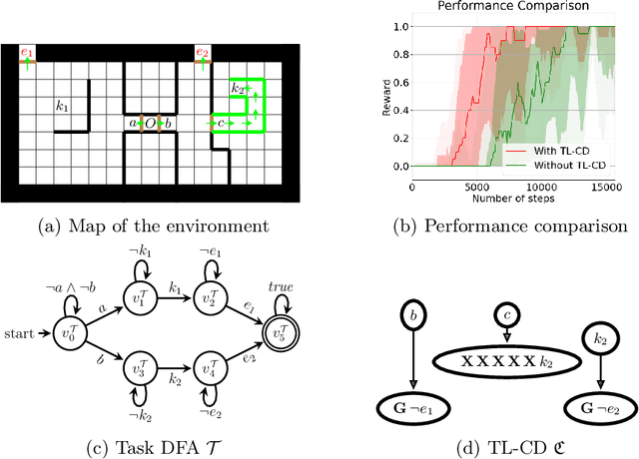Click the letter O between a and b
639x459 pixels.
coord(150,123)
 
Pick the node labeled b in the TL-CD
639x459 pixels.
coord(409,318)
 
